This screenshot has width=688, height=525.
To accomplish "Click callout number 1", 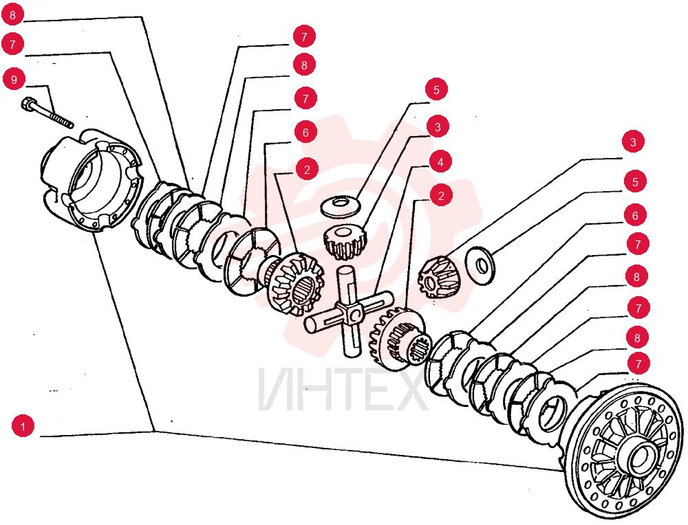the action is (23, 426).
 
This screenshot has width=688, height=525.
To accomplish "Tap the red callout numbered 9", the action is (14, 80).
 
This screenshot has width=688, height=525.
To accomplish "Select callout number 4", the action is (440, 162).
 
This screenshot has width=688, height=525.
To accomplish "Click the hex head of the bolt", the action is (27, 104).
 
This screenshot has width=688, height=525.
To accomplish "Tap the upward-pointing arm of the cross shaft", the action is (346, 285).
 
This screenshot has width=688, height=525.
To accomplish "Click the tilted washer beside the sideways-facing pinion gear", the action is (480, 266).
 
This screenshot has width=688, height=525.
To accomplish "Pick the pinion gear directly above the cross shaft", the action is (345, 241).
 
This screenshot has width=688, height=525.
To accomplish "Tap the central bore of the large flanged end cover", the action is (643, 457).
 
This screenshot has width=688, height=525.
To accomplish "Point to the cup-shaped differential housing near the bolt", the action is (91, 179).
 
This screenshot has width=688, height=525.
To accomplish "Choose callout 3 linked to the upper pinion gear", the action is (438, 127).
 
